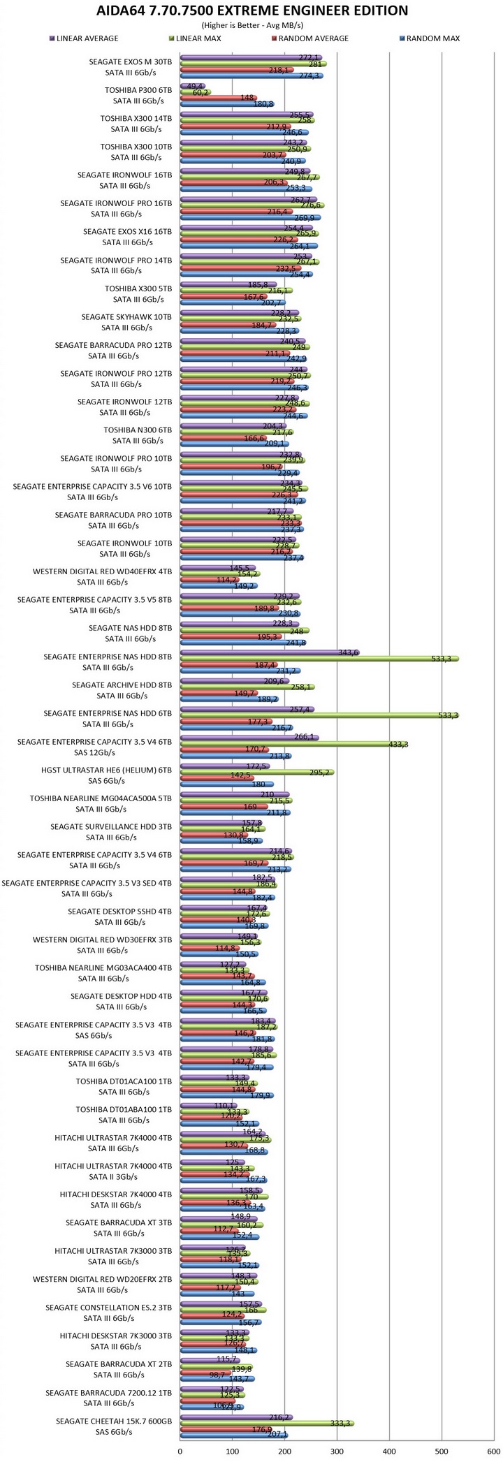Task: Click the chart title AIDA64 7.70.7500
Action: click(251, 10)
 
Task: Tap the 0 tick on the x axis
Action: click(180, 1452)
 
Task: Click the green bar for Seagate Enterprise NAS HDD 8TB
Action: click(318, 658)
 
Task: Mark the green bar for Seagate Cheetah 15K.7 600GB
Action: click(266, 1423)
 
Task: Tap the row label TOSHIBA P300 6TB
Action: click(138, 90)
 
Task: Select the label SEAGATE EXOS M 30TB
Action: click(131, 61)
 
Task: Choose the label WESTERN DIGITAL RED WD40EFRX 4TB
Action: click(102, 571)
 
